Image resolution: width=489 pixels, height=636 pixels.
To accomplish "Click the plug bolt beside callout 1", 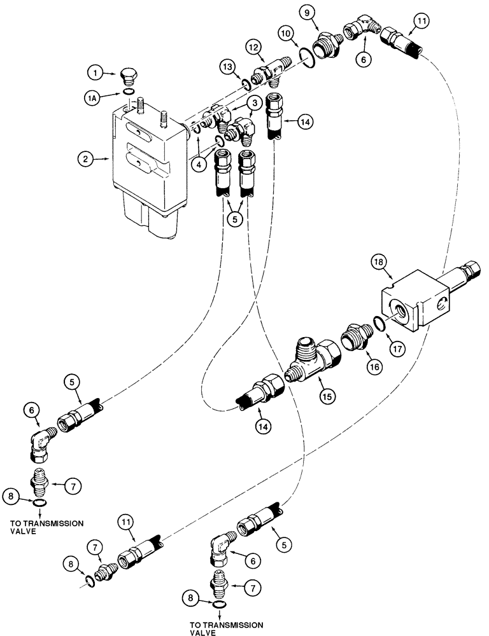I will [129, 78].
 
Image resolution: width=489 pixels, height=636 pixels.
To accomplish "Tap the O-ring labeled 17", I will [378, 325].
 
